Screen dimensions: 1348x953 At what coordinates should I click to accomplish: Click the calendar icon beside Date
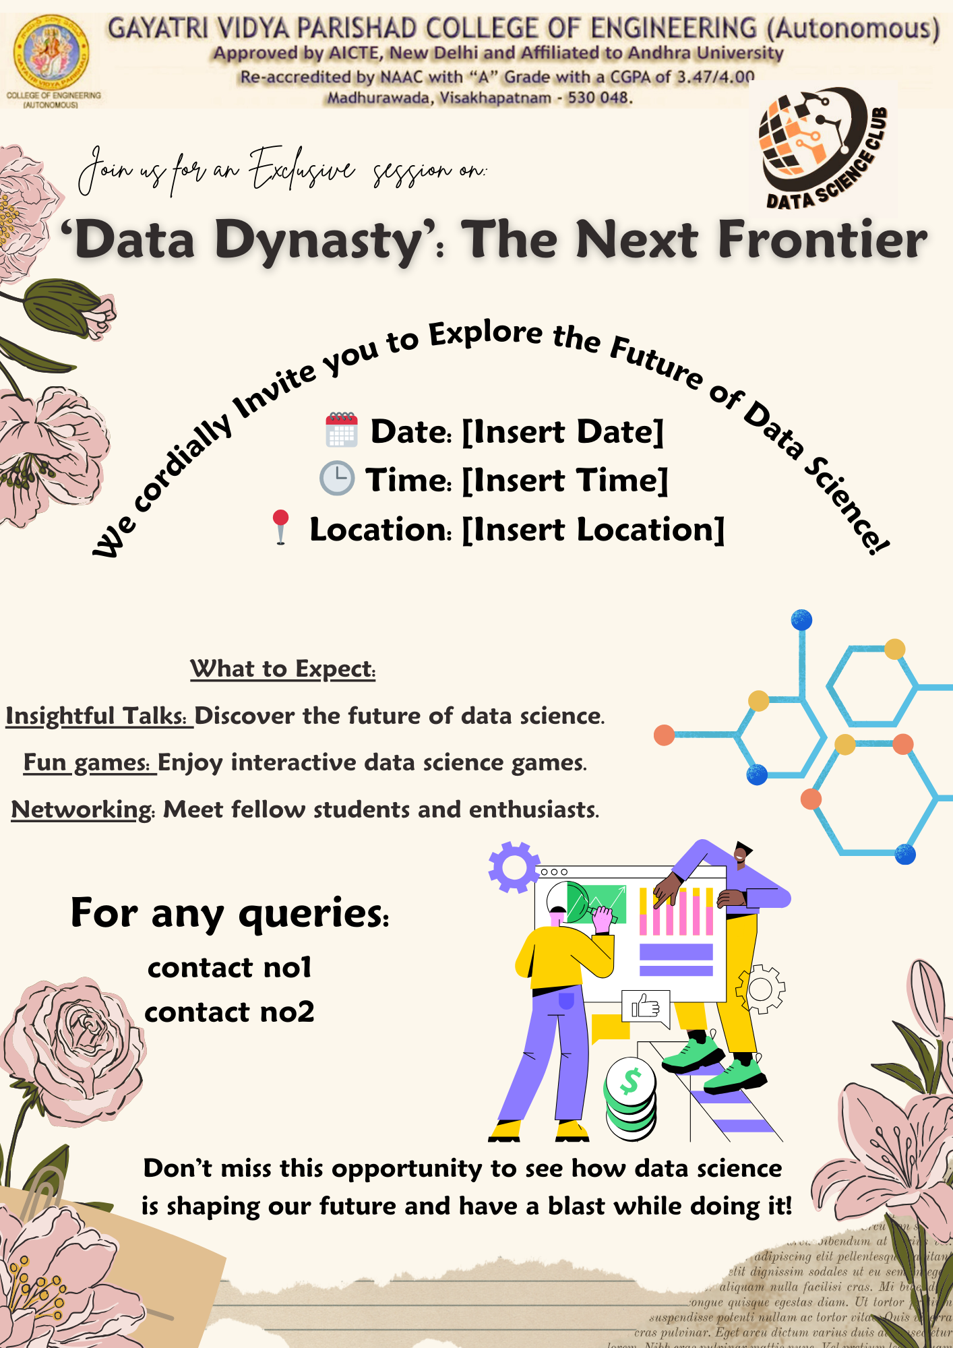click(x=342, y=430)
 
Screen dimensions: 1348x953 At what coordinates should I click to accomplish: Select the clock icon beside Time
click(x=336, y=479)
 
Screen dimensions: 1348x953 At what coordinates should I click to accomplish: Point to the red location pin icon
click(x=280, y=526)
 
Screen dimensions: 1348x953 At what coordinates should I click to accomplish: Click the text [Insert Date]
click(x=563, y=431)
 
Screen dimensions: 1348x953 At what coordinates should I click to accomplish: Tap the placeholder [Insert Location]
click(x=593, y=529)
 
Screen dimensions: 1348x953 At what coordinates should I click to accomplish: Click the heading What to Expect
click(x=282, y=669)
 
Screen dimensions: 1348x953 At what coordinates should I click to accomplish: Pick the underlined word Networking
click(x=82, y=809)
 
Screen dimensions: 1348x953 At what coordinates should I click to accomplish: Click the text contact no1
click(x=230, y=968)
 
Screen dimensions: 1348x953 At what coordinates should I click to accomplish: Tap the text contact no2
click(x=230, y=1012)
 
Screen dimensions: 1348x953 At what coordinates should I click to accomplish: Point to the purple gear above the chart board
click(x=514, y=867)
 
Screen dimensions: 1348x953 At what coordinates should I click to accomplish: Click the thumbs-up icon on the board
click(x=646, y=1007)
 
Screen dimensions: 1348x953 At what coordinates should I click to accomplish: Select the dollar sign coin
click(x=630, y=1081)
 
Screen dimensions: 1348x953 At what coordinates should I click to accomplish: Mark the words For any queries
click(x=230, y=913)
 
